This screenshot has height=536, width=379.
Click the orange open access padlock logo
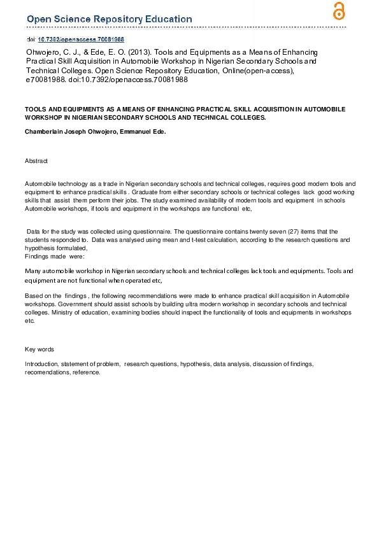(339, 11)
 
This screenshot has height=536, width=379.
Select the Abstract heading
(36, 161)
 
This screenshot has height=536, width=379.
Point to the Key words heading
(39, 349)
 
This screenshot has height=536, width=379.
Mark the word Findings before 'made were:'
(37, 256)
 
